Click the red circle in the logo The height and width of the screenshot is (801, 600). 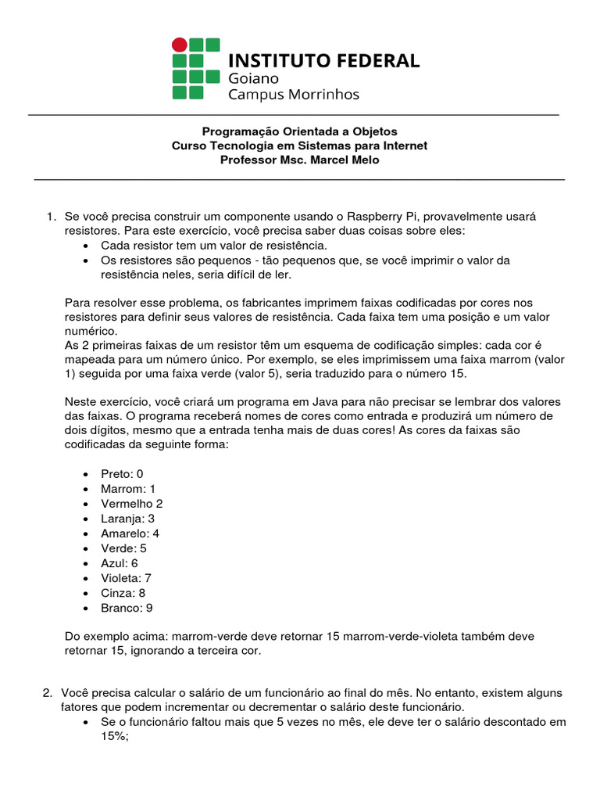(180, 45)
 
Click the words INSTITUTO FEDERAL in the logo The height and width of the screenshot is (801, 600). (323, 60)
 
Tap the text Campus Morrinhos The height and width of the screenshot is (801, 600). (293, 95)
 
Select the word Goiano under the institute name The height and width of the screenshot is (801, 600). (252, 78)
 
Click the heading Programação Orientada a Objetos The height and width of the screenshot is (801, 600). (299, 131)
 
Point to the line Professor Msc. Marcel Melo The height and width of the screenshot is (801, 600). (299, 160)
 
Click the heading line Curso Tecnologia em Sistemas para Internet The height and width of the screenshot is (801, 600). (299, 146)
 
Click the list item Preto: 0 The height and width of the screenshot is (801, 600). (122, 474)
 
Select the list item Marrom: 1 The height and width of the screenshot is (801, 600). (128, 489)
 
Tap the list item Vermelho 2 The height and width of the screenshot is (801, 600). (131, 504)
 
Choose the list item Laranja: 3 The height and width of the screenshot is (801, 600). (127, 519)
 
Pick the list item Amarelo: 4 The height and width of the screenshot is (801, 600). (130, 533)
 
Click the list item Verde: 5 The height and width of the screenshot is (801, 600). (123, 548)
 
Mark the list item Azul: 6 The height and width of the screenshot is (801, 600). (119, 563)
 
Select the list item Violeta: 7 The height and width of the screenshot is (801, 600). (126, 578)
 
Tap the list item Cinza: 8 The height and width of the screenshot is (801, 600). (123, 593)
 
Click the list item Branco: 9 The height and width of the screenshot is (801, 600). (127, 608)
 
